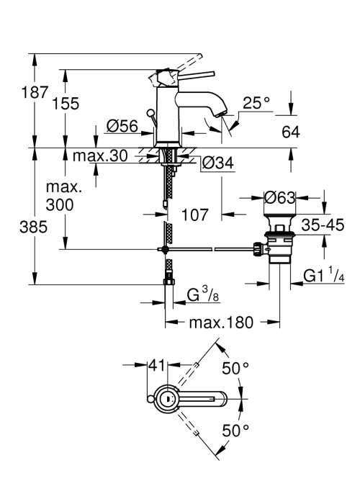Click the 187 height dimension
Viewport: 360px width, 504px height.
pos(35,92)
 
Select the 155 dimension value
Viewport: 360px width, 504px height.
pos(66,104)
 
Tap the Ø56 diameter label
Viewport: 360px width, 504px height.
pos(122,126)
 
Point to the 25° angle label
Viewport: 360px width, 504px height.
pos(256,103)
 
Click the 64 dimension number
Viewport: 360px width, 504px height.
pos(291,132)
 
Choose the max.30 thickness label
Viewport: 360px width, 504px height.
pos(100,156)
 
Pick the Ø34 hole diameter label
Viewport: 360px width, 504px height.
pos(218,163)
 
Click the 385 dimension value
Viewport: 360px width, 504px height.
pos(33,228)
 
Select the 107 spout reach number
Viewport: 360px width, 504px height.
pos(195,215)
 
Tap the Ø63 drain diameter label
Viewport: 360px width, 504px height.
pos(279,197)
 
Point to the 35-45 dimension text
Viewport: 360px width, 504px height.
pos(323,225)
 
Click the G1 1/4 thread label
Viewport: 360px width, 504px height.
pos(324,275)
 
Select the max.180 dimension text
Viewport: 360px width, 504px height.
pos(222,322)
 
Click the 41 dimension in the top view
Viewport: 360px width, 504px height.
pos(158,365)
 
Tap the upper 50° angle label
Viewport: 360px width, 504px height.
pos(235,368)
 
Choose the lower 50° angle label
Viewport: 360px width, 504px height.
pos(235,431)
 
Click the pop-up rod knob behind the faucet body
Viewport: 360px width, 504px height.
pos(150,113)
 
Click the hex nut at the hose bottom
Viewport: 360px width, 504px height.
pos(168,282)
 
